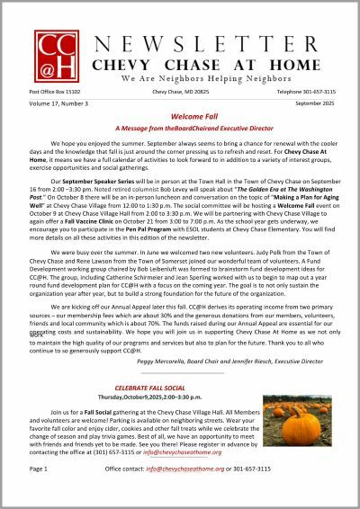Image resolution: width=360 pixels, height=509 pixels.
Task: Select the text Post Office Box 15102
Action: tap(54, 92)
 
